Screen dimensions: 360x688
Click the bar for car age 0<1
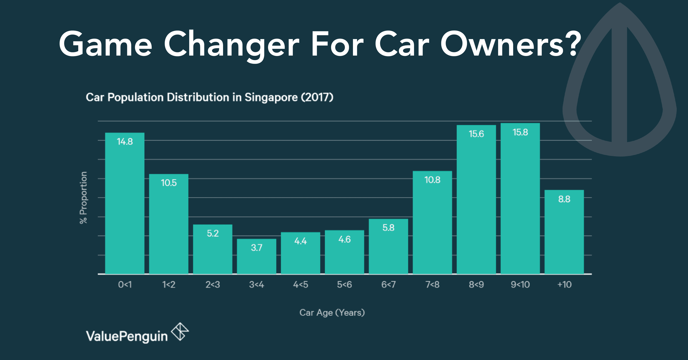pos(125,203)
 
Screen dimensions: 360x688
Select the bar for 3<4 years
pos(256,256)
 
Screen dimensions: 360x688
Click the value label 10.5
pos(169,183)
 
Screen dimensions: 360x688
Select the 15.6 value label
pos(476,134)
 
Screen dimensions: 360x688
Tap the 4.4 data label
pos(300,241)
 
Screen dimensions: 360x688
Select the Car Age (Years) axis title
pos(332,313)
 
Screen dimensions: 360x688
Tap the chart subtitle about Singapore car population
pos(209,97)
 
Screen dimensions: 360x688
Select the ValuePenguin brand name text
pos(127,336)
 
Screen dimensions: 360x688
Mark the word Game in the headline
pos(106,44)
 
